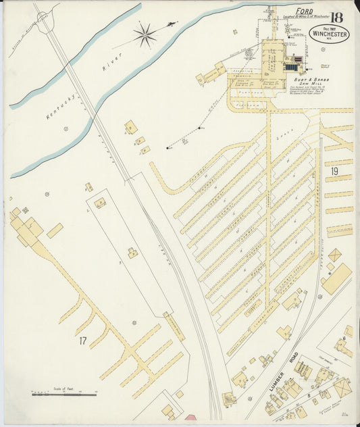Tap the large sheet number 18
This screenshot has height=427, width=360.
click(x=336, y=16)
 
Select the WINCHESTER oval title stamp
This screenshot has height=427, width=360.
click(x=329, y=34)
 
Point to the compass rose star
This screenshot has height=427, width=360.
click(x=145, y=35)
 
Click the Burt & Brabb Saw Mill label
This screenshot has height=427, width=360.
click(x=310, y=81)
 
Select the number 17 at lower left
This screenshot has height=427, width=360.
click(x=82, y=341)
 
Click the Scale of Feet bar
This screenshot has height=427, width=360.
click(x=65, y=394)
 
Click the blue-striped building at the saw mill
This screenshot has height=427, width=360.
click(x=291, y=67)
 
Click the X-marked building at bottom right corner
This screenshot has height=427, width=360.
click(x=342, y=388)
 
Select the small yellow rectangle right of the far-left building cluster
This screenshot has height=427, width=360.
click(x=55, y=230)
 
